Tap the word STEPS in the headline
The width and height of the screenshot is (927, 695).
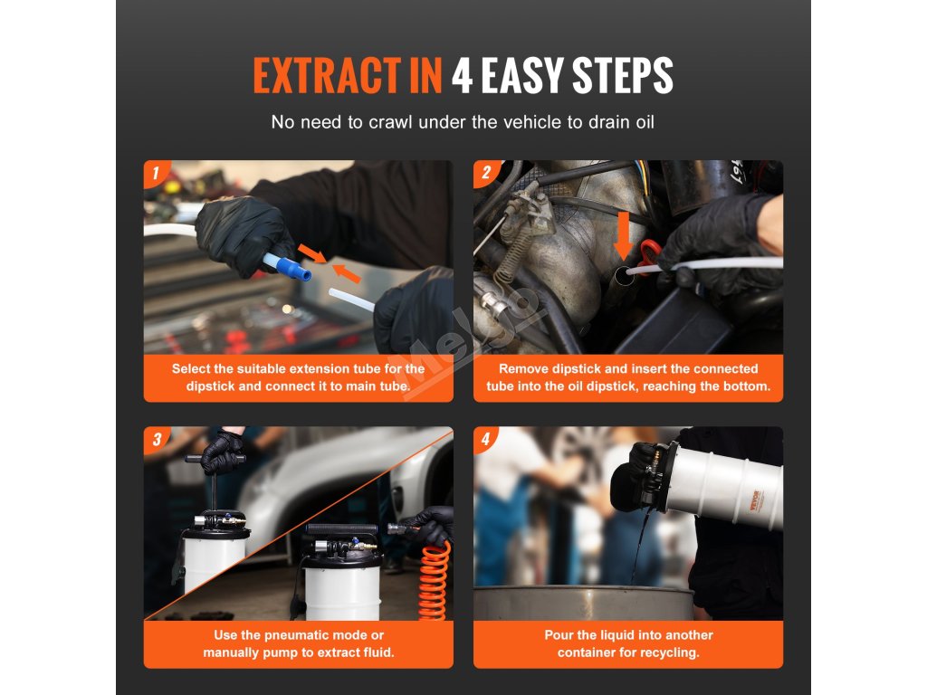point(623,76)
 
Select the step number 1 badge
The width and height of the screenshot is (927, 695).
point(156,173)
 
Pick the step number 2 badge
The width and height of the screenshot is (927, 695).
point(486,173)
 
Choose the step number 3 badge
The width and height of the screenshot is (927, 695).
point(157,439)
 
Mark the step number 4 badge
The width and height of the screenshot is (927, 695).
point(486,439)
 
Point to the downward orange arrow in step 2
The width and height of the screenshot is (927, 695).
point(623,236)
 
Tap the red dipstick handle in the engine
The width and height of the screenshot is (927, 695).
point(648,255)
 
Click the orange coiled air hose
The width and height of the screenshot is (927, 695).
point(435,582)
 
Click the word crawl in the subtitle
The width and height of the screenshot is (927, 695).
point(391,122)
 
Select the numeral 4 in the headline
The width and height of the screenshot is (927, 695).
point(462,76)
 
